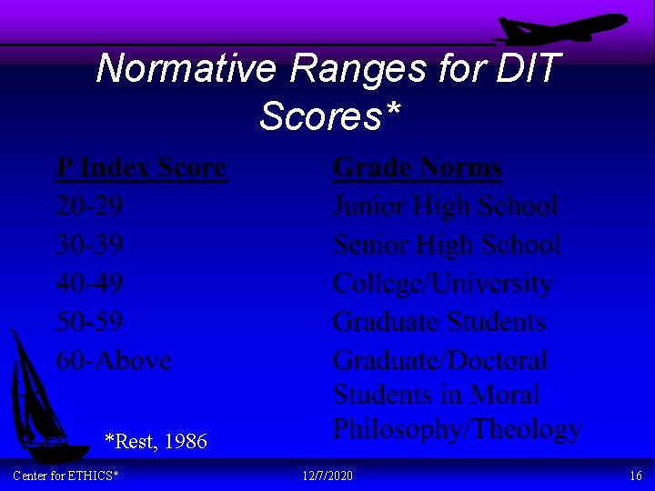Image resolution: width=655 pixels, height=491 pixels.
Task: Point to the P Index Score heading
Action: coord(141,168)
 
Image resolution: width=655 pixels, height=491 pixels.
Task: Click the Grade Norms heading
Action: coord(418,168)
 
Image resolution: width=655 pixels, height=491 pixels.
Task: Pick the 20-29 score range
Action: coord(90,206)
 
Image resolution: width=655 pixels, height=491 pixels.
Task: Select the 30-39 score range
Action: coord(90,245)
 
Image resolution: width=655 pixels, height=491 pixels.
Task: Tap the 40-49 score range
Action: coord(90,283)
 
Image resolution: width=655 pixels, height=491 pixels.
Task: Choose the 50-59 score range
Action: coord(90,322)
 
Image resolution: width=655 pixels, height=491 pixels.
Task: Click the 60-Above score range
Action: coord(114,360)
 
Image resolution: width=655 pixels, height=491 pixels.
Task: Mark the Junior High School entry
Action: coord(445,206)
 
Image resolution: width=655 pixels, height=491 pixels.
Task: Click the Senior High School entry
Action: coord(447,245)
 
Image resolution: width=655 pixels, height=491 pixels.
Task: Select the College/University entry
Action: coord(442,284)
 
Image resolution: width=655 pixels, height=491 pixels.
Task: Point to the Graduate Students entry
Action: coord(439,322)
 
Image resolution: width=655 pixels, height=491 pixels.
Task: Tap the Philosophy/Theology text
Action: coord(457,428)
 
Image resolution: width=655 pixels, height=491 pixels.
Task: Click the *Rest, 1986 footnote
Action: coord(156,442)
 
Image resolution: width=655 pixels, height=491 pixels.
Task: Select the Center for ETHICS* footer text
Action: coord(65,476)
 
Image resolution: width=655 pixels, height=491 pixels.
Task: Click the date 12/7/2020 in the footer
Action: coord(327,476)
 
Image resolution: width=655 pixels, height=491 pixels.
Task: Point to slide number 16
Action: coord(635,476)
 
